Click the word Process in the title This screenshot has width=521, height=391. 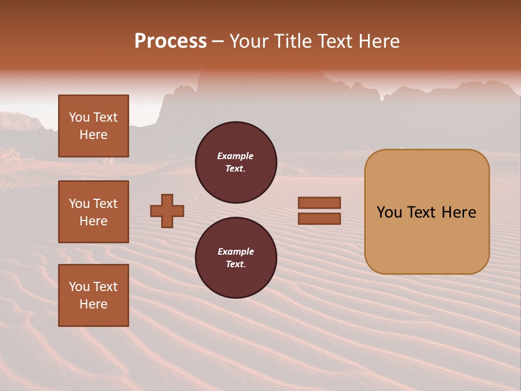(x=170, y=41)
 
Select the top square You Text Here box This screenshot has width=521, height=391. (x=93, y=126)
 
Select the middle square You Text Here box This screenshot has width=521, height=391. (x=93, y=212)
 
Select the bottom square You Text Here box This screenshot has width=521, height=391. (x=93, y=295)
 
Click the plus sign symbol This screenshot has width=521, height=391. (x=167, y=211)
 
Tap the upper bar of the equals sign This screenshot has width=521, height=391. (x=319, y=203)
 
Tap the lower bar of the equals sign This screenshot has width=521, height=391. (x=319, y=219)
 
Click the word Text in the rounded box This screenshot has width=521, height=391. (x=422, y=212)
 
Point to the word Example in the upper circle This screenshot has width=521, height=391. (x=236, y=156)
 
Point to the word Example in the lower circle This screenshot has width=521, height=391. (x=236, y=251)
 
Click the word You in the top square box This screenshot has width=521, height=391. (x=79, y=117)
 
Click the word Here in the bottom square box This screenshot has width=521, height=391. (x=93, y=304)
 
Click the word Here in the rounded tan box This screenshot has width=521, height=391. (x=458, y=212)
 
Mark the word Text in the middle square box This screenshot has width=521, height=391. (x=105, y=204)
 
